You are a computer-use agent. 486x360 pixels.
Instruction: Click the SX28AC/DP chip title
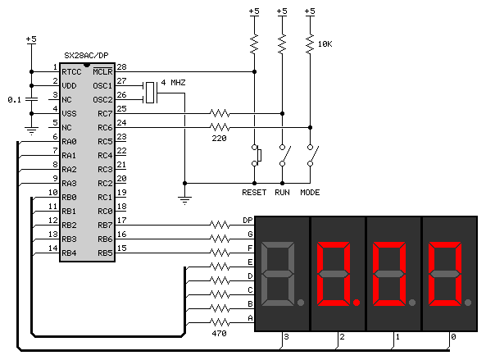point(86,56)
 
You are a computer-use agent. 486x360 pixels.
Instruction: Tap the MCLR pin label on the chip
point(102,71)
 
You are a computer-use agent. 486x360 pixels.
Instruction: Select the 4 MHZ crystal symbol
point(150,93)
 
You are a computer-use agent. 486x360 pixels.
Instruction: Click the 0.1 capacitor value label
point(14,100)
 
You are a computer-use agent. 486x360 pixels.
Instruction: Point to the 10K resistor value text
point(325,44)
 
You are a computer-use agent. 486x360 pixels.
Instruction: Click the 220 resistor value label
point(219,139)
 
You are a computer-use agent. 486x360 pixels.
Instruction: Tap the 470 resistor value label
point(219,334)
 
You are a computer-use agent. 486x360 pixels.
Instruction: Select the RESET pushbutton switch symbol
point(257,155)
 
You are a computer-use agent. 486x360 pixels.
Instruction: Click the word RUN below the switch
point(282,193)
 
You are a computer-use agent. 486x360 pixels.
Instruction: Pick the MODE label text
point(310,193)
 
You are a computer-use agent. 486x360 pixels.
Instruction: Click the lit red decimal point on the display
point(357,303)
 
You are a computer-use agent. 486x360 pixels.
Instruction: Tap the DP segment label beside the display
point(248,220)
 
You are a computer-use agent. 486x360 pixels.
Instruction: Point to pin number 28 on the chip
point(121,67)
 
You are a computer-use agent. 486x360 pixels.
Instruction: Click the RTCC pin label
point(71,72)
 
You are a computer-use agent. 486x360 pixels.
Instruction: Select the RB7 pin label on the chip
point(105,226)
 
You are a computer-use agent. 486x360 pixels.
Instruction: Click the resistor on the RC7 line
point(220,113)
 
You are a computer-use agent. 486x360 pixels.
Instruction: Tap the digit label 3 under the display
point(286,337)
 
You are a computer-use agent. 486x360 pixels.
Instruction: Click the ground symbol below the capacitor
point(31,131)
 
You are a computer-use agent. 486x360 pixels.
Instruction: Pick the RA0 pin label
point(69,142)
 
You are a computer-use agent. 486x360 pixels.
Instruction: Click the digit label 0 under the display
point(453,337)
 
